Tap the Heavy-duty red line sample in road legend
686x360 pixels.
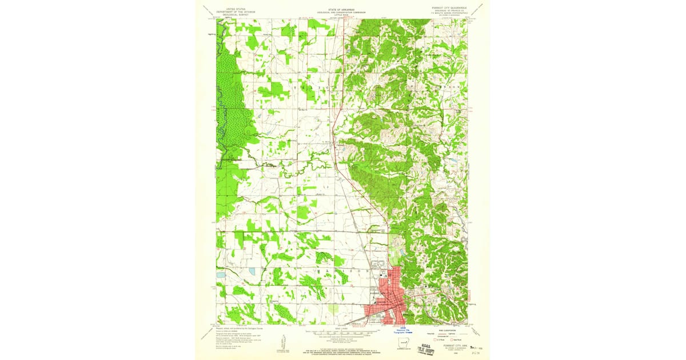444,333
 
